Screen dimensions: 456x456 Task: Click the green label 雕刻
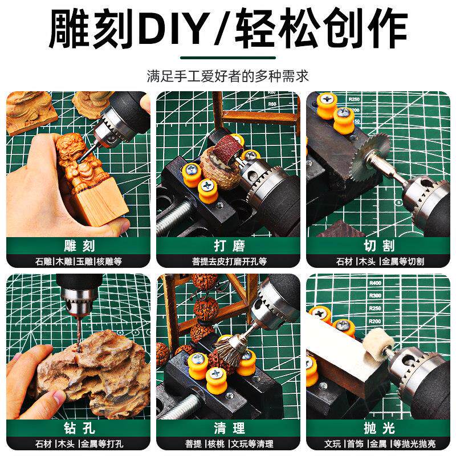[78, 246]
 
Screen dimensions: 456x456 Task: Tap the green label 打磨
[228, 246]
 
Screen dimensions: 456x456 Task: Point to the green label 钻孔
[78, 427]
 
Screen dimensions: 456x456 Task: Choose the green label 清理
[228, 427]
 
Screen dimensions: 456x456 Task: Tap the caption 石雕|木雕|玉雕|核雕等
[78, 262]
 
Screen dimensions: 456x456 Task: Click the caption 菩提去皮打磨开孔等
[228, 262]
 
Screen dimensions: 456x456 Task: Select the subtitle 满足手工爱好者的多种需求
[228, 76]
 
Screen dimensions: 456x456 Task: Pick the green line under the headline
[228, 57]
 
